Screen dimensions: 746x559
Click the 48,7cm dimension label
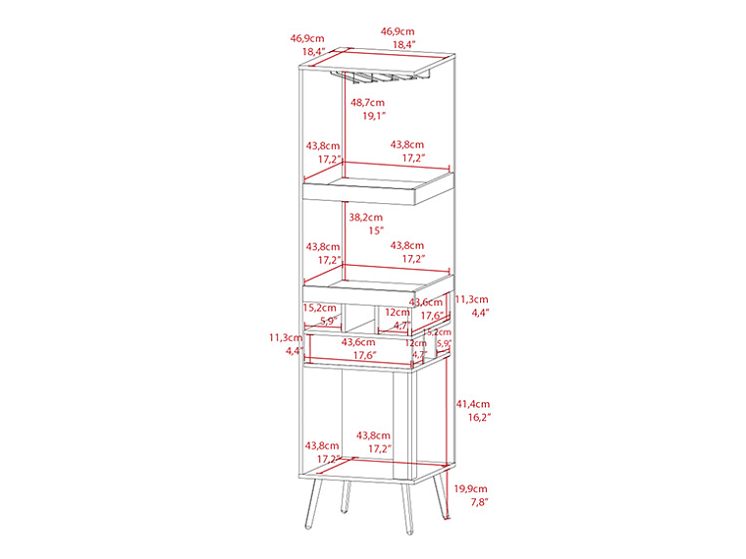point(367,103)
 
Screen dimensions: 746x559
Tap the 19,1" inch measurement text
point(374,116)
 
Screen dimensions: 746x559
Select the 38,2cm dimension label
point(366,218)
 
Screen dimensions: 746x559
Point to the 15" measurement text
point(376,231)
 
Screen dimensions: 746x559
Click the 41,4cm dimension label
point(473,404)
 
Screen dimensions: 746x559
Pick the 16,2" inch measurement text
point(479,418)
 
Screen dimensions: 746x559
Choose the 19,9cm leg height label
point(470,488)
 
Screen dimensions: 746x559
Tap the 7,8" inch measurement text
point(480,502)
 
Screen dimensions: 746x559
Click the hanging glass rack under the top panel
point(380,76)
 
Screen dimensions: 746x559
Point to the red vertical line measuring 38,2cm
point(345,233)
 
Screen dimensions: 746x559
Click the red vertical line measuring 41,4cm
point(449,412)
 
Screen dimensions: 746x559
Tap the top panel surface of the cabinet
point(377,61)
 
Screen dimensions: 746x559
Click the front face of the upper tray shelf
point(358,194)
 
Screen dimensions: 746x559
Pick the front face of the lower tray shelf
point(358,293)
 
